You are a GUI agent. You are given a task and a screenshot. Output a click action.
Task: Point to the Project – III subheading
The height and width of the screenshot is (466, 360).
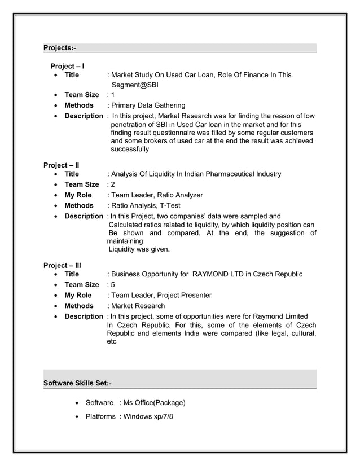(62, 265)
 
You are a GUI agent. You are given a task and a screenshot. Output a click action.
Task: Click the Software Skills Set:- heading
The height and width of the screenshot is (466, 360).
(77, 384)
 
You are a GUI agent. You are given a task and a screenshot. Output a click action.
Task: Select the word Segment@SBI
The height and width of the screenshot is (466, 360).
(135, 85)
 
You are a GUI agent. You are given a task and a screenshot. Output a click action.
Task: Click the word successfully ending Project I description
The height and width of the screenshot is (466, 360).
(130, 150)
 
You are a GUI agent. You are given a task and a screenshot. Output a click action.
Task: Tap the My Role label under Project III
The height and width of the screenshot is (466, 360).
(78, 295)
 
